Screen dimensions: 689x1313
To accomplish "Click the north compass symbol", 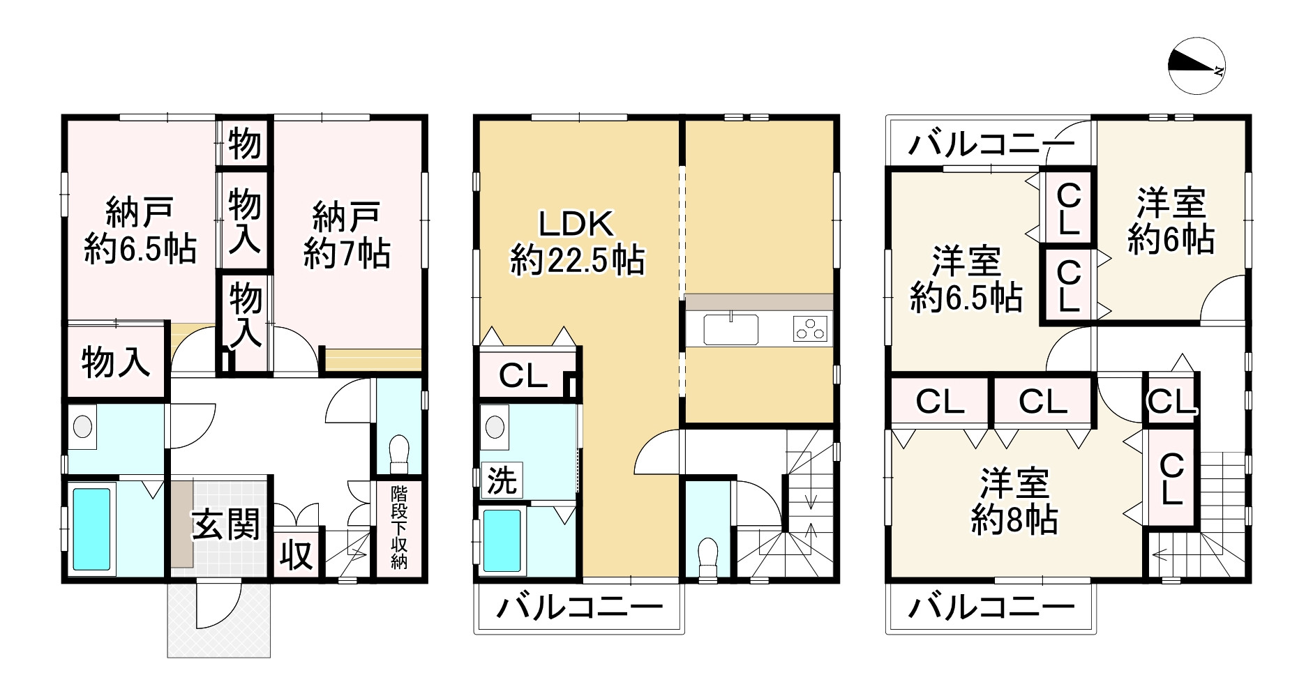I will click(x=1197, y=66).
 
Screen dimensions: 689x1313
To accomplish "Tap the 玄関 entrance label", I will click(x=225, y=524).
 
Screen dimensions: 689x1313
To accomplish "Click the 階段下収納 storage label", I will click(x=398, y=528).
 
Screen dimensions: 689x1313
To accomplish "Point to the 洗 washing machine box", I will click(x=501, y=480).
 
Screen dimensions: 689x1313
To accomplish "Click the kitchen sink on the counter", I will click(x=730, y=329).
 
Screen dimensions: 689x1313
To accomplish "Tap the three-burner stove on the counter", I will click(x=810, y=328).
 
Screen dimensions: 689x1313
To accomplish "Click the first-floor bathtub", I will click(x=91, y=528).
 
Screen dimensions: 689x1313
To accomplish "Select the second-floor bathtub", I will click(x=502, y=540).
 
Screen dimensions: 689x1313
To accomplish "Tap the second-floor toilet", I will click(x=707, y=557).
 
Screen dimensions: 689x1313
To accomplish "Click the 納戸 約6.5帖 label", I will click(x=140, y=231).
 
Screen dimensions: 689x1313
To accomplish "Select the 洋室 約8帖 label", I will click(x=1014, y=502).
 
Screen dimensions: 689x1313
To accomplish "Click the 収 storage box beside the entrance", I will click(x=297, y=555).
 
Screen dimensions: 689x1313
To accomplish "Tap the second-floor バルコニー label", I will click(x=578, y=608).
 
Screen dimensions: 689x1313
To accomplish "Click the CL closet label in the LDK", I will click(x=522, y=377).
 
